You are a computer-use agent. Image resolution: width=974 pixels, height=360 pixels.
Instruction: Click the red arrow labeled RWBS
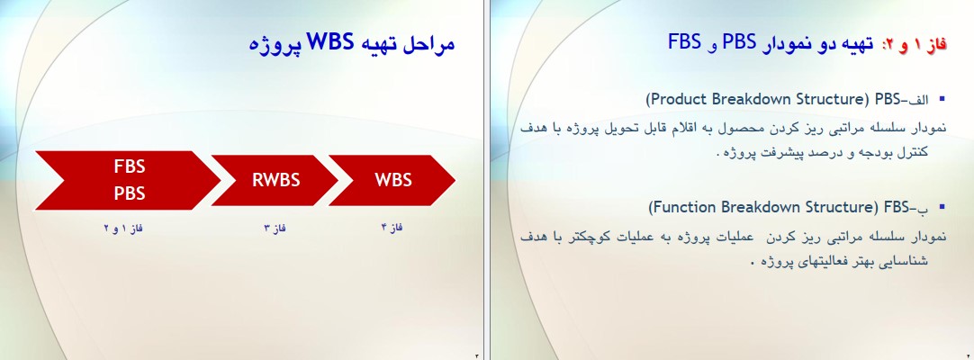(275, 180)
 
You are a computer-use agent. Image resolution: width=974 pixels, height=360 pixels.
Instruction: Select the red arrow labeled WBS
(392, 180)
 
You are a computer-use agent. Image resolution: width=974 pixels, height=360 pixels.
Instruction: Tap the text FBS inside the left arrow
(130, 166)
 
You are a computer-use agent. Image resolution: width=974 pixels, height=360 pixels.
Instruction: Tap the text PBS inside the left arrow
(130, 193)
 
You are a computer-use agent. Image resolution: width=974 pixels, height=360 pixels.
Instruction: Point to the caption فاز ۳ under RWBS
(275, 228)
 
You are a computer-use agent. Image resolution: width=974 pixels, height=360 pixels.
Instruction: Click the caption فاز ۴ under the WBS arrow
(392, 227)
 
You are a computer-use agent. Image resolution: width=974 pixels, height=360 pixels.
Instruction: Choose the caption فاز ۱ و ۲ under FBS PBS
(123, 228)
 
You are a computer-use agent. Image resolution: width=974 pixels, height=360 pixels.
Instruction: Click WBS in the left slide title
(329, 42)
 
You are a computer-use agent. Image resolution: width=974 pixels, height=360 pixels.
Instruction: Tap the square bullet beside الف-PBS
(942, 98)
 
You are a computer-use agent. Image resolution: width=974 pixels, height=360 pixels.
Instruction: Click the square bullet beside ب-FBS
(942, 206)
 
